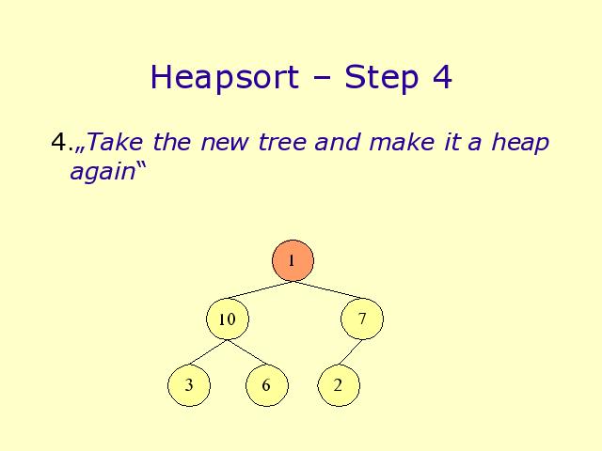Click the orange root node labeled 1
(293, 261)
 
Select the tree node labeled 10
(228, 319)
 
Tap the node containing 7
(362, 319)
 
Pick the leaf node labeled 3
(189, 385)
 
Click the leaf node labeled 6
(267, 385)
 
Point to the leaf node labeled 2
(339, 385)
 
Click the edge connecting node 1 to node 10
(260, 290)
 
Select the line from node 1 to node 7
(327, 290)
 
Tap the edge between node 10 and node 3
(208, 352)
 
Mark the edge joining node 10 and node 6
(247, 352)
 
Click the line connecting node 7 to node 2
(350, 352)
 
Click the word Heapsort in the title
(225, 77)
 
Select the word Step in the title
(381, 77)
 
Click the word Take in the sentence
(115, 142)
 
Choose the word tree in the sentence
(282, 142)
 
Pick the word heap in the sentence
(520, 144)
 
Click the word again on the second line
(103, 172)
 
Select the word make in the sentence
(402, 142)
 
